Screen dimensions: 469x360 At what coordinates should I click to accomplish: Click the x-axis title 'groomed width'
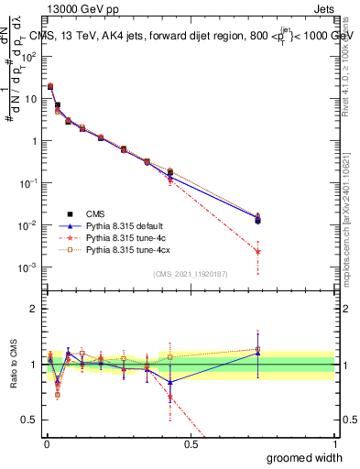306,457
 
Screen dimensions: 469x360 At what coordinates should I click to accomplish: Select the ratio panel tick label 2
35,310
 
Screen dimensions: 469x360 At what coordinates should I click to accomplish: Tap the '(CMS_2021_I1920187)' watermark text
191,274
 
